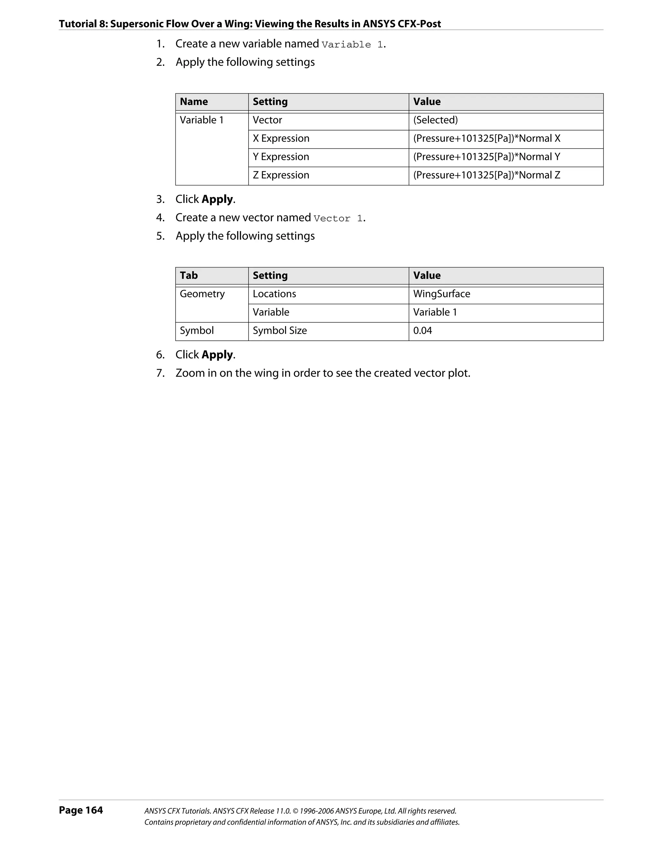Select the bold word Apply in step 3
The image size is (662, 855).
[x=218, y=200]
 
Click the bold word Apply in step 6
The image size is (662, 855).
[x=218, y=355]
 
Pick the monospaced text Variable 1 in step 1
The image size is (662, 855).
[x=352, y=45]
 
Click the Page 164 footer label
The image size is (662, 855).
[x=81, y=810]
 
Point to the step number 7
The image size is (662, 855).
[x=160, y=373]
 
